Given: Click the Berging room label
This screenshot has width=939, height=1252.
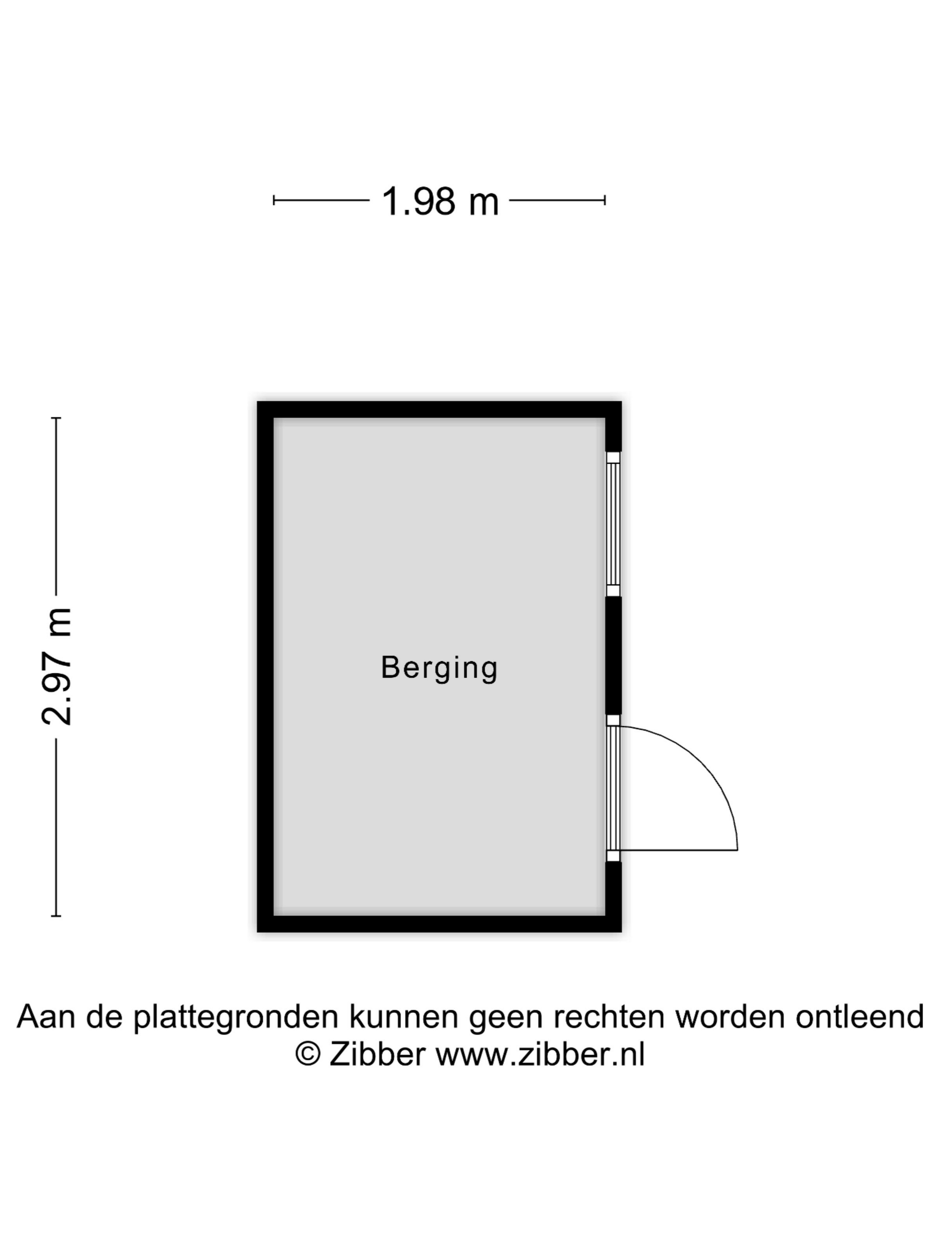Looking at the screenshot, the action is pos(439,668).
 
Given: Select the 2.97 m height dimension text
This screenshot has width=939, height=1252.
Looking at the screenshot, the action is pos(57,666).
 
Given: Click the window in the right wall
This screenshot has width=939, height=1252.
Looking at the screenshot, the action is pos(613,524).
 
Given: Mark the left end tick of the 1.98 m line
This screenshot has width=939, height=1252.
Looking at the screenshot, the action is pos(274,200).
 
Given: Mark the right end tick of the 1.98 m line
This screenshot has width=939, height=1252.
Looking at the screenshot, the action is pos(605,200).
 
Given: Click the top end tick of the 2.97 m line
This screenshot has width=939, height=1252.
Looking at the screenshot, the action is pos(56,418).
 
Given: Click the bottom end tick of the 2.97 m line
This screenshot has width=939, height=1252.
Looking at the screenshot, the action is pos(56,916).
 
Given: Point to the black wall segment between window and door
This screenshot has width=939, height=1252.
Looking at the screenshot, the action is pos(613,656).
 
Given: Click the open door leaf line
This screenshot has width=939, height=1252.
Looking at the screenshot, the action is pos(679,850).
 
